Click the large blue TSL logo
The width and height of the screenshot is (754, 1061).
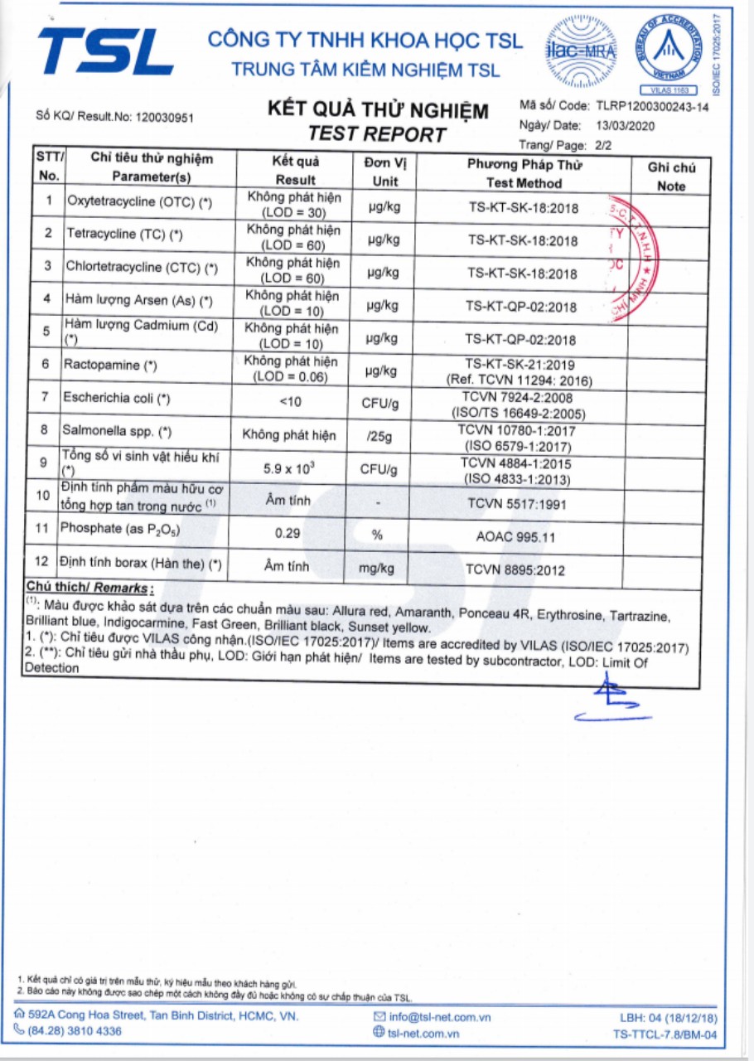[x=105, y=51]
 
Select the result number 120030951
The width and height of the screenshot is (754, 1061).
[x=164, y=118]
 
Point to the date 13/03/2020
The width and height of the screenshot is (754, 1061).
[x=626, y=126]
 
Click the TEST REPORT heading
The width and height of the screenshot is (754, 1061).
[x=377, y=134]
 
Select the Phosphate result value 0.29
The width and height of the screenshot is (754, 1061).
[x=288, y=535]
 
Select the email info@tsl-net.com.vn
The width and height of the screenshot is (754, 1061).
[x=440, y=1017]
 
